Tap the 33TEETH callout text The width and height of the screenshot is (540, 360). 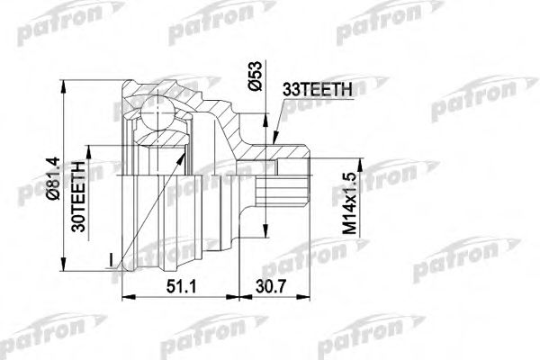pos(321,89)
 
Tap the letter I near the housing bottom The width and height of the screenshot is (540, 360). pos(111,260)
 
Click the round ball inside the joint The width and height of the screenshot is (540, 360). pos(158,115)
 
